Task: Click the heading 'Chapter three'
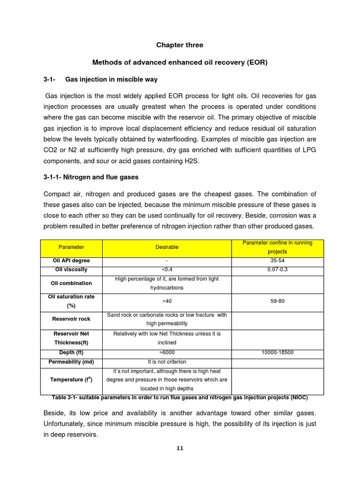pos(180,45)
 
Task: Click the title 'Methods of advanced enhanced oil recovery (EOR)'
pos(180,62)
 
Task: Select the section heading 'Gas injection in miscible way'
pos(111,79)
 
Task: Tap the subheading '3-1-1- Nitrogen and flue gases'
pos(90,177)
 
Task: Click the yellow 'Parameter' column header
pos(71,247)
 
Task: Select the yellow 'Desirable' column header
pos(167,247)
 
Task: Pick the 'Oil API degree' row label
pos(71,261)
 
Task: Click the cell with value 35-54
pos(277,261)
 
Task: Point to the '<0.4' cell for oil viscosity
pos(167,270)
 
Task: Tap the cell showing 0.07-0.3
pos(277,270)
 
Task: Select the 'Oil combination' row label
pos(71,283)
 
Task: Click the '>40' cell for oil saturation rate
pos(167,301)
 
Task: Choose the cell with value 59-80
pos(277,301)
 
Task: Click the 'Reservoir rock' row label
pos(71,319)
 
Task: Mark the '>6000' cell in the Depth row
pos(167,352)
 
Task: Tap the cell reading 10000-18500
pos(277,352)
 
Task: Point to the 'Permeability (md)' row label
pos(71,362)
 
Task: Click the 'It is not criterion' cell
pos(167,362)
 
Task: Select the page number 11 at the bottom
pos(180,448)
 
